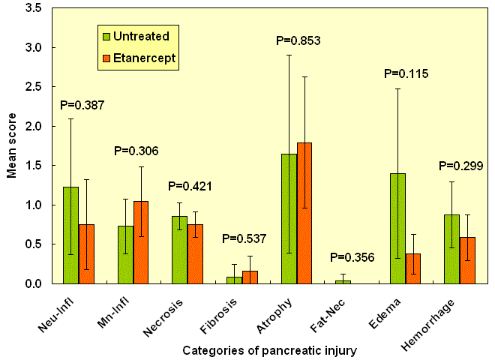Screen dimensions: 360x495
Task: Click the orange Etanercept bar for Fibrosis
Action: click(250, 277)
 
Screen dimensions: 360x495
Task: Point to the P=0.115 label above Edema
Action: click(406, 74)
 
